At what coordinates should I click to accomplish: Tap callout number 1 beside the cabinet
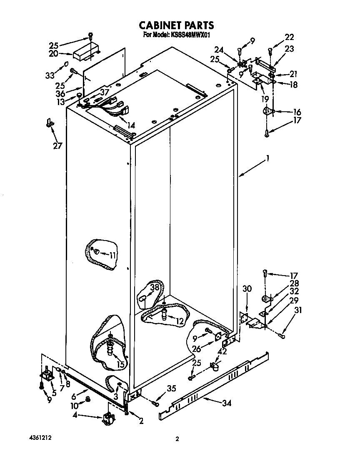(x=268, y=158)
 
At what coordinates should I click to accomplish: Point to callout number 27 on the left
(x=58, y=145)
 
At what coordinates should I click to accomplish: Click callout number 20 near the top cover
(x=53, y=53)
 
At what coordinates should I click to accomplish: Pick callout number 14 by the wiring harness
(x=131, y=125)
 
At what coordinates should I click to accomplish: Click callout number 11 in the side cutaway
(x=113, y=255)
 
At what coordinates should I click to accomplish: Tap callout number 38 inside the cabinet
(x=155, y=287)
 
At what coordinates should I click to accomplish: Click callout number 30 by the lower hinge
(x=247, y=288)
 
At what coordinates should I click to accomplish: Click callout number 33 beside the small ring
(x=50, y=75)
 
